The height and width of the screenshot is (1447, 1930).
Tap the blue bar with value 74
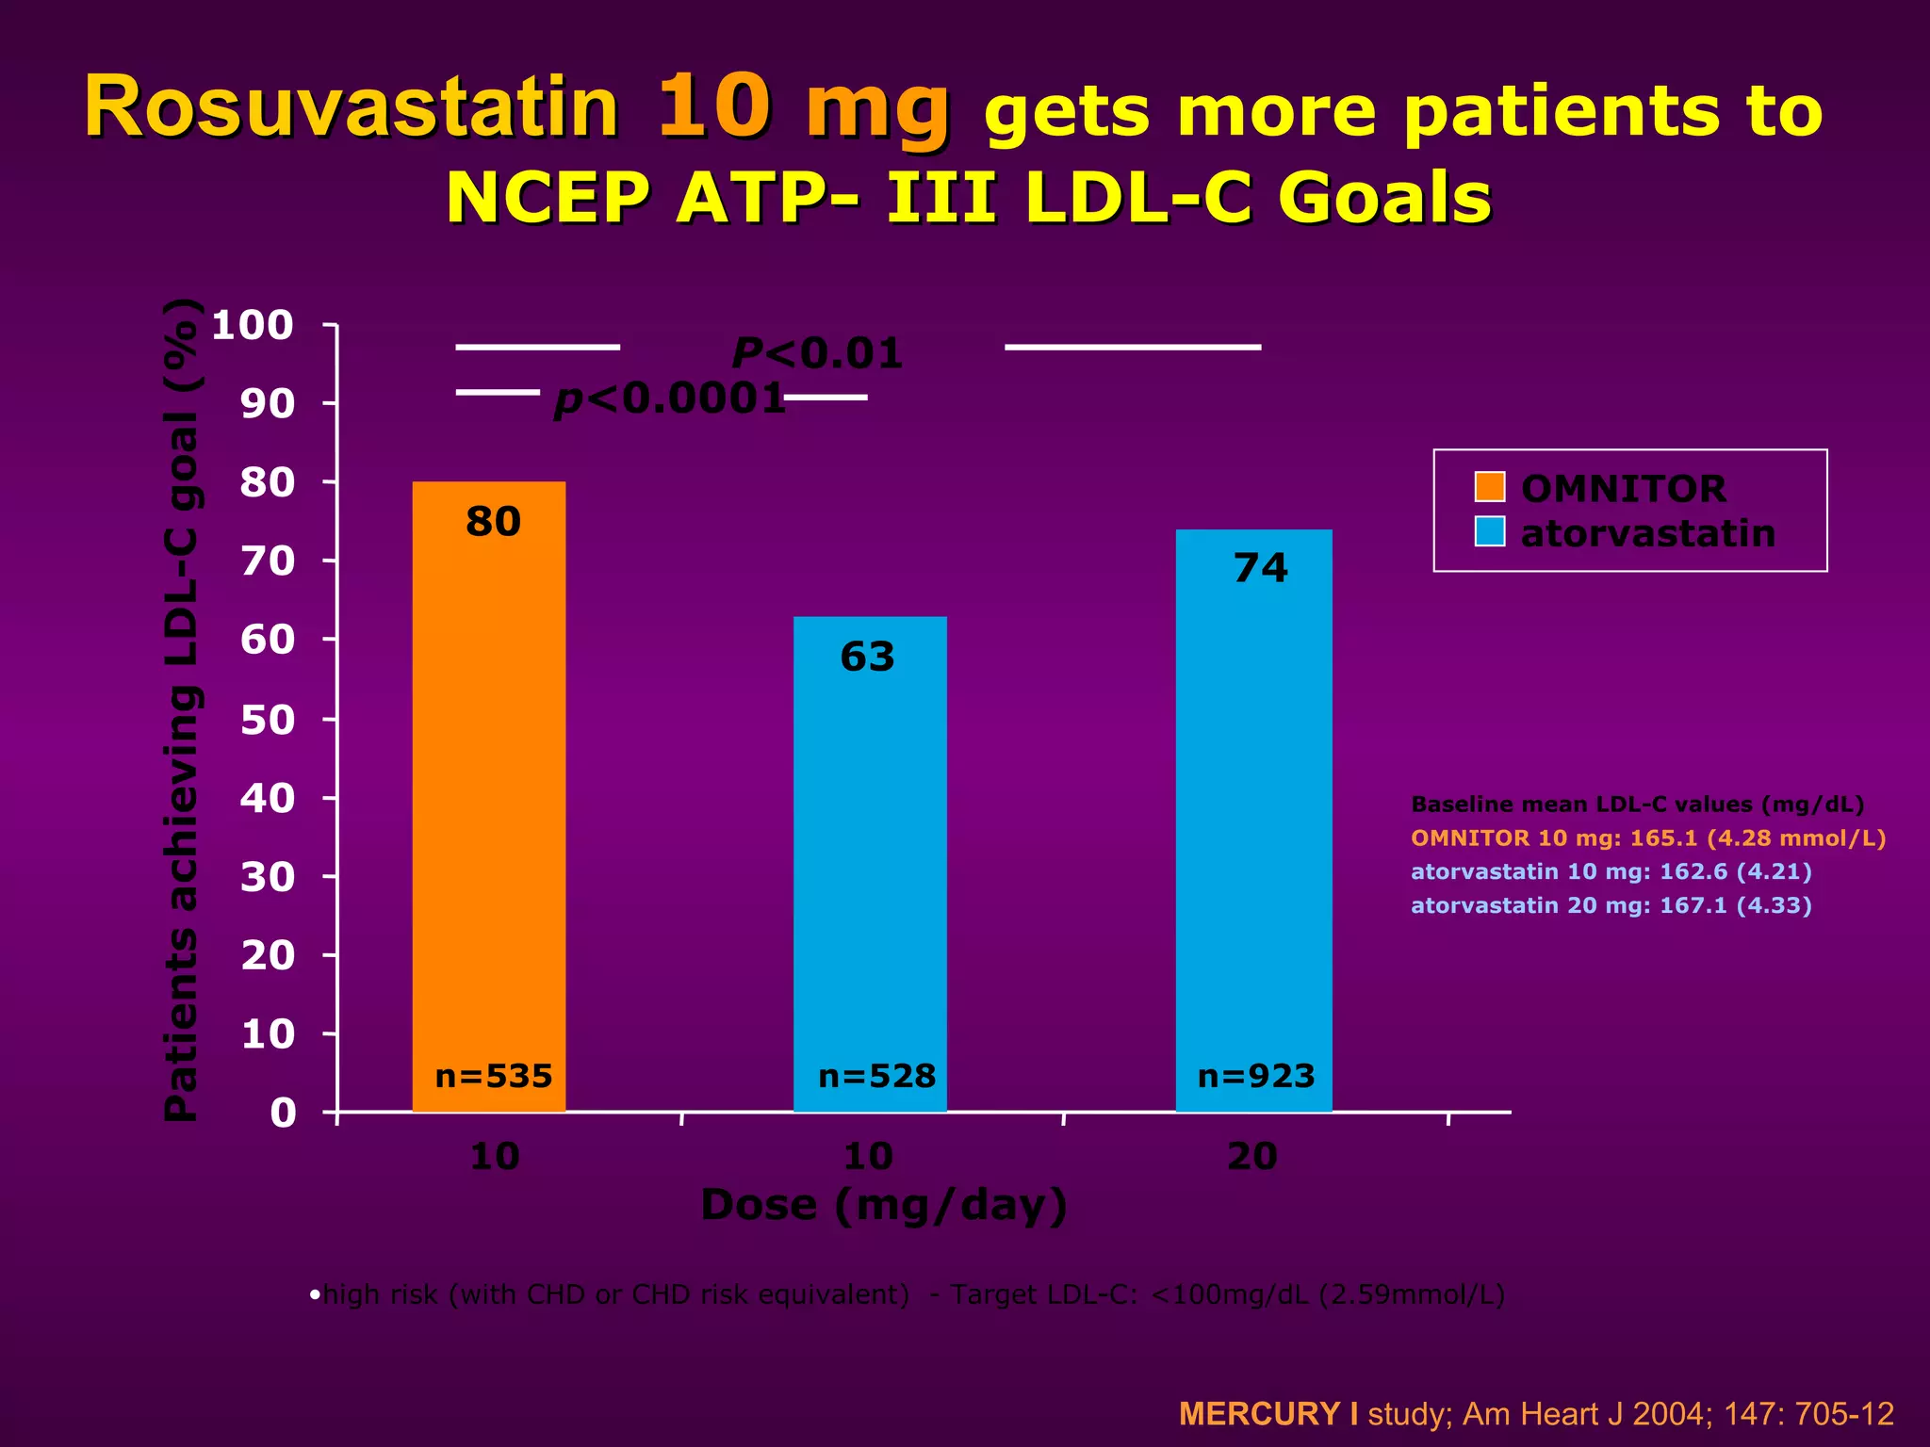(x=1253, y=820)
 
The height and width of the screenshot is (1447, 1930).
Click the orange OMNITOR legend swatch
(x=1490, y=487)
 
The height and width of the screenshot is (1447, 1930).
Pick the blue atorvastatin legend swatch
(x=1490, y=531)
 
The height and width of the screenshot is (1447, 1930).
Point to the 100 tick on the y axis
(x=253, y=326)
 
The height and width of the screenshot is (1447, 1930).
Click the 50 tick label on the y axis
(x=268, y=721)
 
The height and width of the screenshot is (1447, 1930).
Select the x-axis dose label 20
(x=1252, y=1156)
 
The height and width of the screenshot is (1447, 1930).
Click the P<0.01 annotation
(x=817, y=354)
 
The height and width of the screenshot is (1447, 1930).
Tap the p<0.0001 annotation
(x=670, y=398)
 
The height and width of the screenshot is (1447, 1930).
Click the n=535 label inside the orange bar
(x=493, y=1076)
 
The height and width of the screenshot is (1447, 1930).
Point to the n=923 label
(x=1255, y=1076)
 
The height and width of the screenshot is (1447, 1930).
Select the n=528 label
(x=876, y=1076)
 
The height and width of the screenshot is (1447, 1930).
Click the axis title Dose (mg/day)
(x=884, y=1205)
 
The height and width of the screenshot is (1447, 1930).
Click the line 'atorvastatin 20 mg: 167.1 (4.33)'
(x=1611, y=905)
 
